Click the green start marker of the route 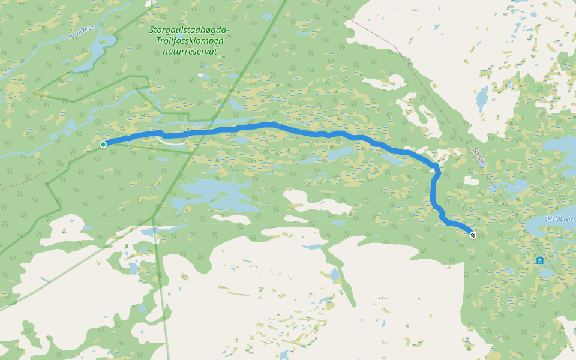[x=103, y=145]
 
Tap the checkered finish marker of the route [x=473, y=235]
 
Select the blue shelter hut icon [x=539, y=260]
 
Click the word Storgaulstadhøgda [x=190, y=30]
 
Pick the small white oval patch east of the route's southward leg [x=472, y=181]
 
